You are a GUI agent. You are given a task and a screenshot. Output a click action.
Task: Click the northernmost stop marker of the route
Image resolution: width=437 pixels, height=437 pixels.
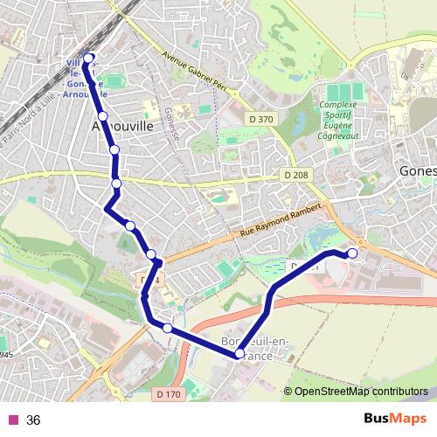[88, 59]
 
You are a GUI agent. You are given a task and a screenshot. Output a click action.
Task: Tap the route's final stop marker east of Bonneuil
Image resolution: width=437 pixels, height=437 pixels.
[353, 253]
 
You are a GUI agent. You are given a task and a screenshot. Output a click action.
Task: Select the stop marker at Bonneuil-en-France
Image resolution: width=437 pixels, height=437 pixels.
[239, 354]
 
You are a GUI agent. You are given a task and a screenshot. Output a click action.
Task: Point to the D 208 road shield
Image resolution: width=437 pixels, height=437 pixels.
[295, 176]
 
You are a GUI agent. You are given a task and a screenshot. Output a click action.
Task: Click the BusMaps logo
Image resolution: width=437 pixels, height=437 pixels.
[389, 420]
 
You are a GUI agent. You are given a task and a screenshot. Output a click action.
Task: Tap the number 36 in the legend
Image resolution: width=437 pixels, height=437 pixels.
[33, 420]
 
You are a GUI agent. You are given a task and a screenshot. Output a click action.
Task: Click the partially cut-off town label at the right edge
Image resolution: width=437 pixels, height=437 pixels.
[418, 172]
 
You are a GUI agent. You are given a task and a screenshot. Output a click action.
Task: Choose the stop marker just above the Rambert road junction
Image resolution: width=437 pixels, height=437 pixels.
[152, 254]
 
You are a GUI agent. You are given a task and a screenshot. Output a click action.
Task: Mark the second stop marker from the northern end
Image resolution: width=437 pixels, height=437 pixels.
[102, 115]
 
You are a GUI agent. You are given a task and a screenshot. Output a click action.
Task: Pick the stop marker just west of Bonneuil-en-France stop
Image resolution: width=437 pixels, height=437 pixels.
[167, 329]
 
